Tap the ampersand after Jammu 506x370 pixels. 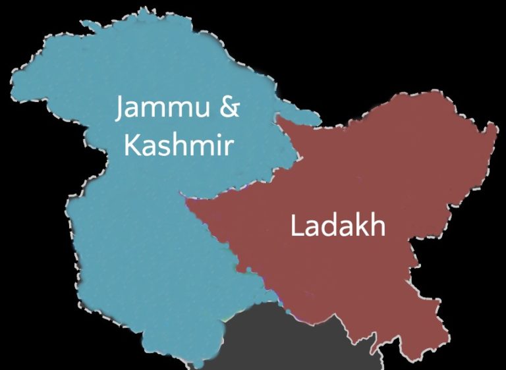point(229,107)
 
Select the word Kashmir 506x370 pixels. point(178,144)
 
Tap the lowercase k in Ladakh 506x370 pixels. point(362,225)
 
